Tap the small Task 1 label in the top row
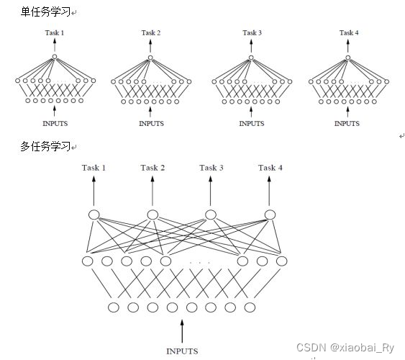pos(55,32)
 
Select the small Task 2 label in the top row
pos(150,32)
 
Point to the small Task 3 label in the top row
pos(252,32)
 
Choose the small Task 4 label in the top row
pos(348,32)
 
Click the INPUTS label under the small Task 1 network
pos(55,123)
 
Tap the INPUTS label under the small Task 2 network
pos(151,123)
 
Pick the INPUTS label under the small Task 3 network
pos(252,123)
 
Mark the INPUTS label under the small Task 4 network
pos(347,123)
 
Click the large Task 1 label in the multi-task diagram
pos(94,168)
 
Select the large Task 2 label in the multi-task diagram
pos(153,168)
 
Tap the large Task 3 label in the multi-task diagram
pos(211,168)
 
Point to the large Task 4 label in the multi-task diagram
pos(270,168)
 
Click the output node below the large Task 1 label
pos(94,214)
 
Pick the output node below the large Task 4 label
pos(270,214)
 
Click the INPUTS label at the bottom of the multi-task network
pos(182,351)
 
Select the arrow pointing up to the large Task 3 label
pos(211,191)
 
